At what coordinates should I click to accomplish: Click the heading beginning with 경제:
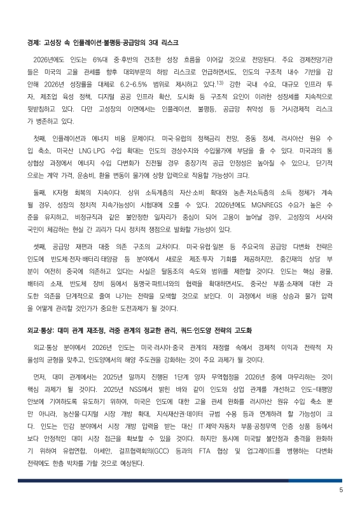pyautogui.click(x=102, y=43)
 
